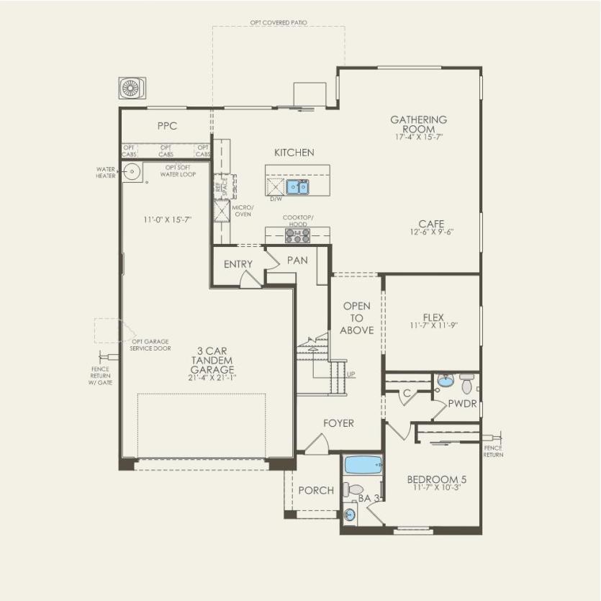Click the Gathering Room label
point(419,124)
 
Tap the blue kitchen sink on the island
point(297,187)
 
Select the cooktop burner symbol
point(297,236)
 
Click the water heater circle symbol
point(132,171)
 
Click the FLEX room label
point(433,317)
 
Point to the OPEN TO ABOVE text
point(357,318)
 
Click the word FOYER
point(338,423)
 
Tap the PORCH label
point(316,490)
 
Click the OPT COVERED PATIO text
point(279,23)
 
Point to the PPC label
point(167,125)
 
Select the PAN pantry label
point(297,259)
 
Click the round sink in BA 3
point(350,514)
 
